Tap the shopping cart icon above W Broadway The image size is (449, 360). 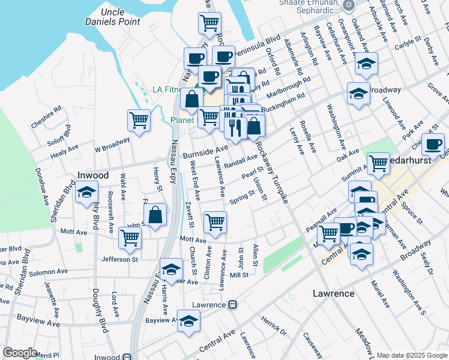(x=139, y=120)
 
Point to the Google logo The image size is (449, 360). (x=20, y=352)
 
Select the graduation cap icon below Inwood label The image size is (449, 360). (x=87, y=193)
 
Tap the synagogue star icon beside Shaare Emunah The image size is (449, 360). (x=349, y=5)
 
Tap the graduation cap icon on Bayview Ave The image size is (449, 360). (x=189, y=321)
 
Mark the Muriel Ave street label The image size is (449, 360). (x=381, y=294)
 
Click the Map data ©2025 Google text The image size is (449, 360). (x=411, y=354)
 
